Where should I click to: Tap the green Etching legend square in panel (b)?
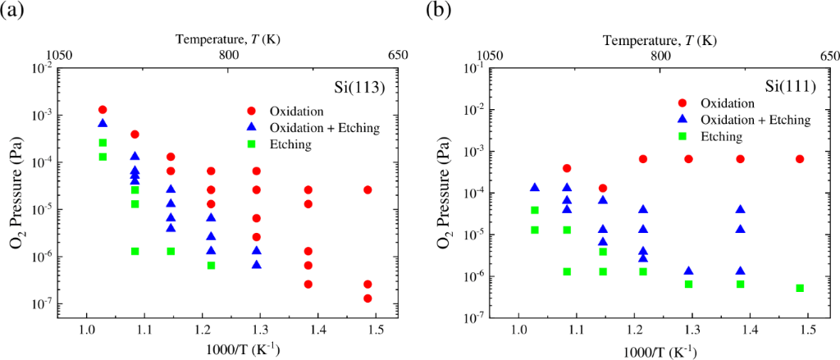coord(682,136)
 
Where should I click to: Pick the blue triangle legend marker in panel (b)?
coord(682,120)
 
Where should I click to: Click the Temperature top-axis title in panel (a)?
coord(229,39)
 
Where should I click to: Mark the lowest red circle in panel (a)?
coord(367,298)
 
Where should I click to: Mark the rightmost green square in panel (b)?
coord(800,288)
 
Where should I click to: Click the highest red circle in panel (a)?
coord(103,110)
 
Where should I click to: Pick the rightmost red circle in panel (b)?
coord(800,159)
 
